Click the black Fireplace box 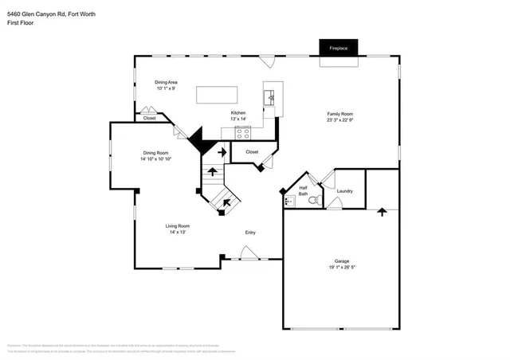click(x=339, y=49)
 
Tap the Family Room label click(x=339, y=114)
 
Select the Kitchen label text click(x=238, y=112)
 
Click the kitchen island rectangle click(x=218, y=94)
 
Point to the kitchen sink click(x=271, y=98)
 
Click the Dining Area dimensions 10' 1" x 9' click(x=165, y=88)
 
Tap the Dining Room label click(x=155, y=152)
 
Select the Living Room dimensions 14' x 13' click(x=176, y=233)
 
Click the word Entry click(x=250, y=233)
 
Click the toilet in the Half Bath click(x=315, y=201)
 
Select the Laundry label click(x=345, y=191)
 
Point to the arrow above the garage click(x=382, y=212)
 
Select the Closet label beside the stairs click(x=252, y=151)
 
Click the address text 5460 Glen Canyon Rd click(x=38, y=14)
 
